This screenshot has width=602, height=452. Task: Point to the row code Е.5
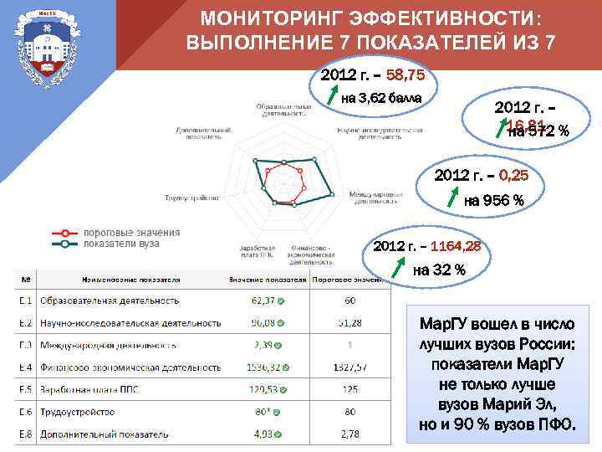tap(27, 389)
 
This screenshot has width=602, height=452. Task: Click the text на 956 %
tap(493, 200)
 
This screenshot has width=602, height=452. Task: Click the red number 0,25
tap(513, 177)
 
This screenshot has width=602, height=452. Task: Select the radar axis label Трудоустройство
tap(191, 198)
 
